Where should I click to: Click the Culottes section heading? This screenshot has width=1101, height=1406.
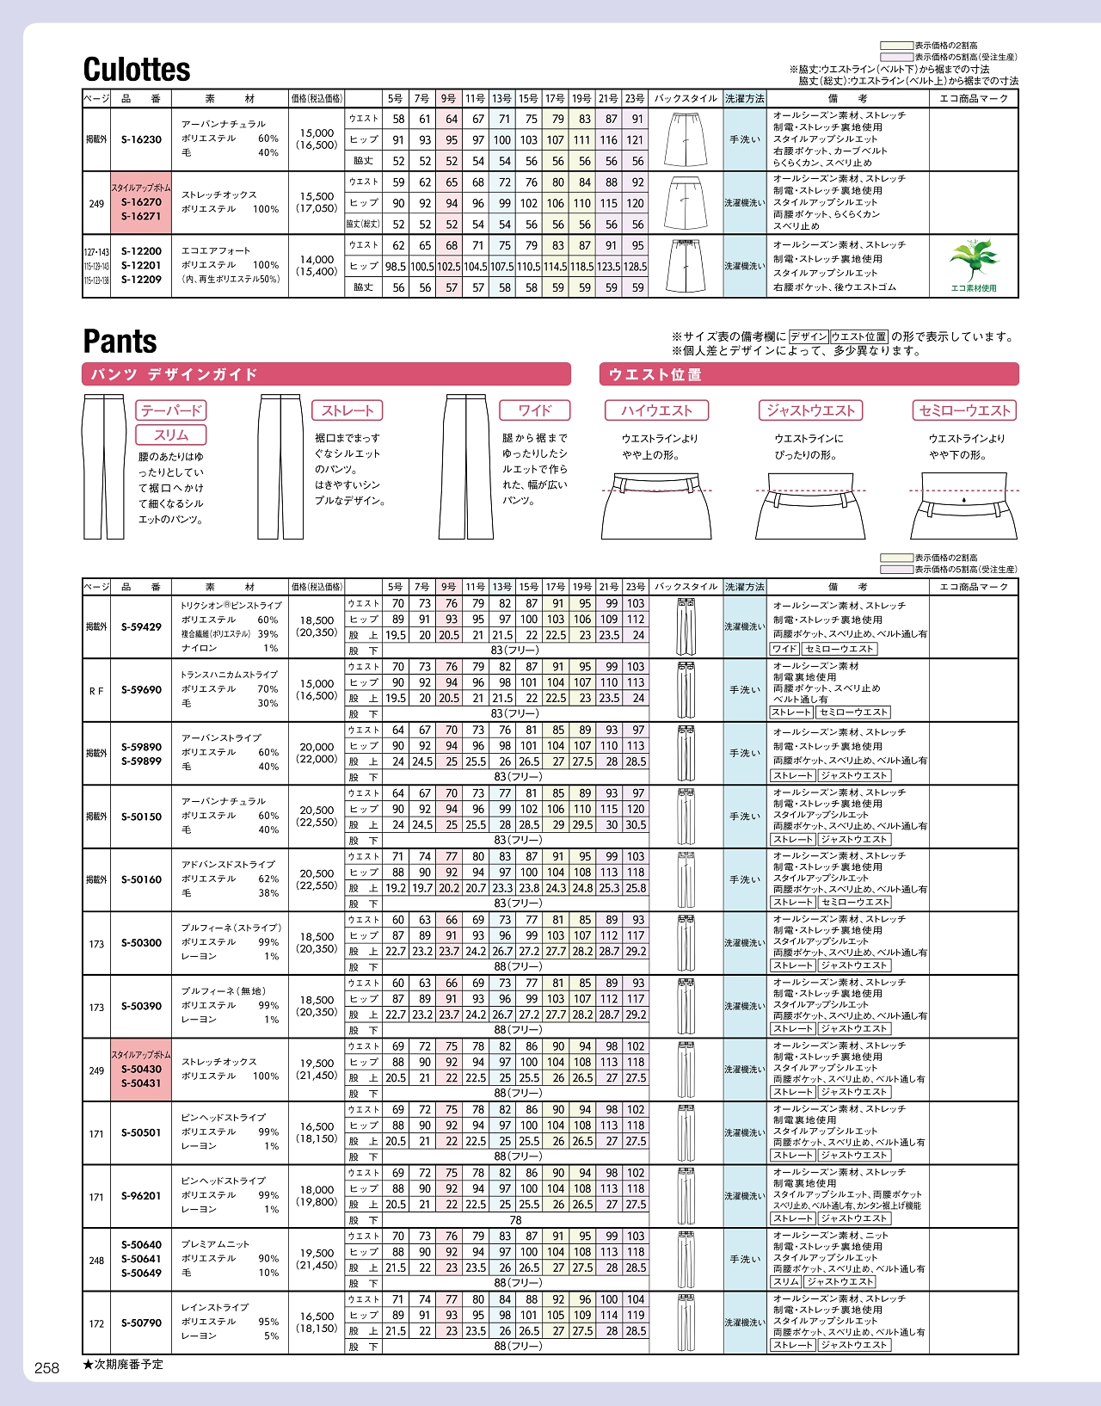coord(137,70)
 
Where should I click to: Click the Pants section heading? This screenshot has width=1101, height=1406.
coord(120,342)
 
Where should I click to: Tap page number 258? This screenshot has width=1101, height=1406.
coord(46,1368)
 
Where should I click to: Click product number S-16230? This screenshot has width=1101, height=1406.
coord(141,139)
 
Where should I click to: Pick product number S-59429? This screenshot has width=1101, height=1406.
coord(141,627)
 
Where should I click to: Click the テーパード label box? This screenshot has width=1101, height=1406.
coord(171,410)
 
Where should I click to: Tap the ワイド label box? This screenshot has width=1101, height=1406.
coord(534,410)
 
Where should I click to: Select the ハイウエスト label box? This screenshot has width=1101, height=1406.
coord(656,410)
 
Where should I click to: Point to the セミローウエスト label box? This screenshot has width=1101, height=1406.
coord(964,410)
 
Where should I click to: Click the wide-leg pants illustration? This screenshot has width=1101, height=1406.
coord(467,467)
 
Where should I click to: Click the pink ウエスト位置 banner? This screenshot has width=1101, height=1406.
coord(809,374)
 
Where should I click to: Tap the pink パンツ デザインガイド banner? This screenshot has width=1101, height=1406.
coord(326,374)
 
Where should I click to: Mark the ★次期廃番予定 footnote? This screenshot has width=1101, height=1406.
coord(123,1365)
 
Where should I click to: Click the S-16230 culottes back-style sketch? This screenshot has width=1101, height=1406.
coord(686,139)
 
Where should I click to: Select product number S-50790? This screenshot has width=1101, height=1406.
coord(141,1323)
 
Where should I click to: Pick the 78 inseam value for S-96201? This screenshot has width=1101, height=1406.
coord(515,1220)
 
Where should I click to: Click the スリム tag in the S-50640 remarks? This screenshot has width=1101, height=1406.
coord(785,1282)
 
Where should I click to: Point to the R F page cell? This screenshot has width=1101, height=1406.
coord(96,690)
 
